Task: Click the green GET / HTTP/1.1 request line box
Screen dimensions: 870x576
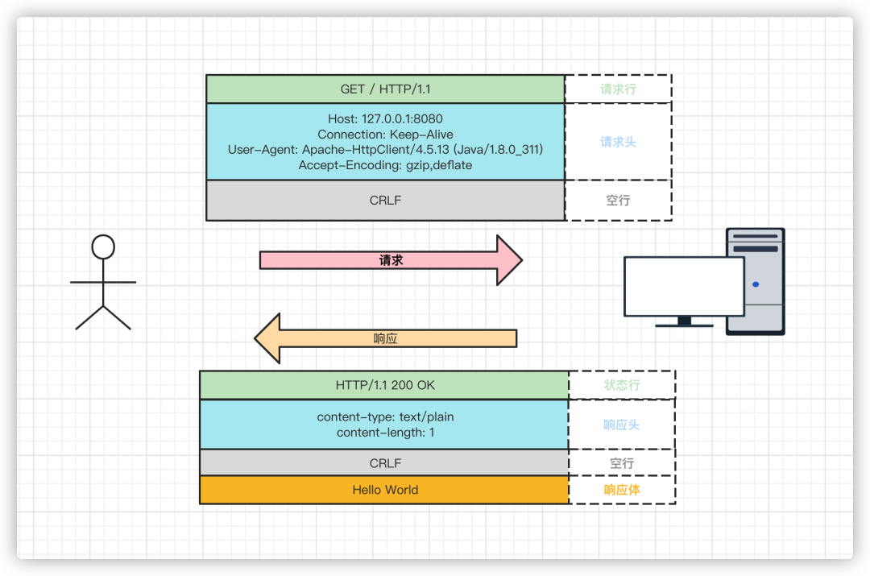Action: point(386,89)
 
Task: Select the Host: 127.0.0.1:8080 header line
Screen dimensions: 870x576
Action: point(386,118)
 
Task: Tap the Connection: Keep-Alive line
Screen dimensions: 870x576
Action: point(386,135)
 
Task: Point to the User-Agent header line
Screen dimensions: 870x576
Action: point(386,149)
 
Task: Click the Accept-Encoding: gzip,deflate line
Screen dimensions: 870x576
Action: point(386,165)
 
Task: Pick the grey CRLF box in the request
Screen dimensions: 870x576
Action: point(386,201)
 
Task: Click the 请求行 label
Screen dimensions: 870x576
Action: point(618,89)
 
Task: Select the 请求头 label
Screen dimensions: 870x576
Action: point(618,142)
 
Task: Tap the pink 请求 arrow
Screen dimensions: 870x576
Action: point(391,260)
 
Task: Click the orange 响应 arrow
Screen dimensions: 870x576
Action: point(386,338)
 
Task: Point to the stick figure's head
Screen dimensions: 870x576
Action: point(103,247)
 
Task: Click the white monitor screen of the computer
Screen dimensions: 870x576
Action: point(684,286)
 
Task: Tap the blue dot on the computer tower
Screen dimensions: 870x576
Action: point(756,284)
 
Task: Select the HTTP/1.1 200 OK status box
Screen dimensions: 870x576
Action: point(384,385)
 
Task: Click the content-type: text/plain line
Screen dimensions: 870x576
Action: point(386,416)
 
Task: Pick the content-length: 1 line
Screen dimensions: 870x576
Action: point(386,433)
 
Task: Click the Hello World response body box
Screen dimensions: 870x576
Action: point(384,490)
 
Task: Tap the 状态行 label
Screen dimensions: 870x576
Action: point(622,385)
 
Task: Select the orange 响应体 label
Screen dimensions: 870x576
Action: point(622,490)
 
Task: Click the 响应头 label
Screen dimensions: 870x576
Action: point(622,425)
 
